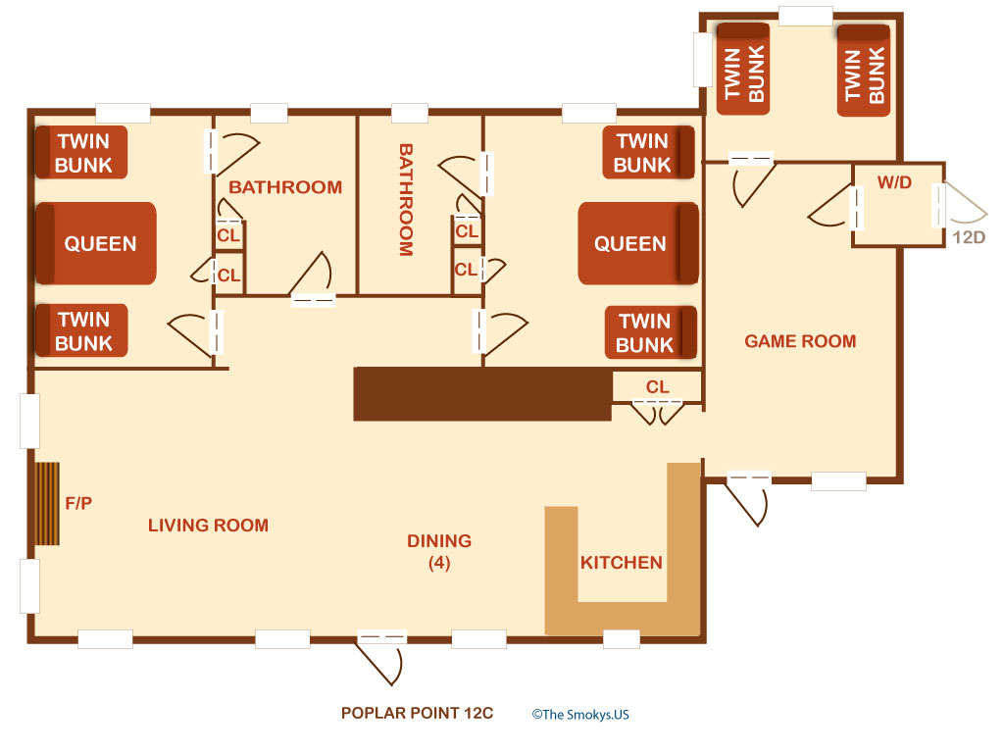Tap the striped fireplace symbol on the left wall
pos(48,504)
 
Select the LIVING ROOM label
pos(208,526)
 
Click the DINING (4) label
pos(439,551)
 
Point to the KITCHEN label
pos(622,563)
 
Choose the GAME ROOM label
pos(800,341)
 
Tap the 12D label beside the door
pos(969,236)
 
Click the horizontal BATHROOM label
pos(285,187)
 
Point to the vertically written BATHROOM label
pos(405,200)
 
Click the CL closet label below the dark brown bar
pos(658,387)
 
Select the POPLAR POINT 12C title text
pos(417,714)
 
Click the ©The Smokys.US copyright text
pos(580,715)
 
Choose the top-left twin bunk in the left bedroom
pos(82,152)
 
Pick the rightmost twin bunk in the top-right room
pos(864,71)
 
